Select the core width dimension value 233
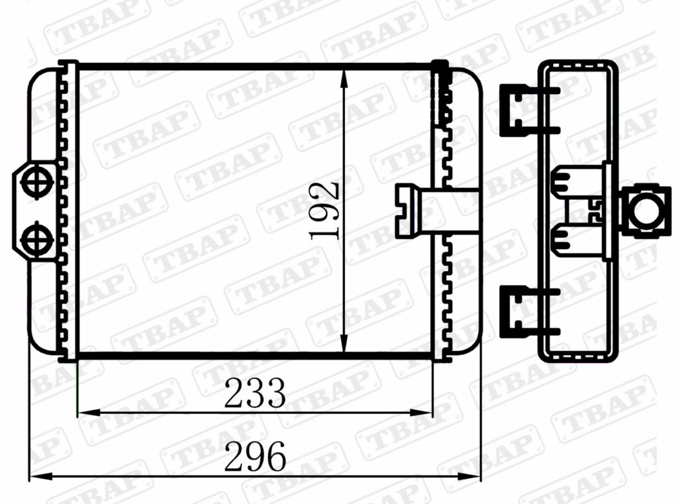(254, 393)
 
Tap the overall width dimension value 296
(255, 457)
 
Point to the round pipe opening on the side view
(644, 211)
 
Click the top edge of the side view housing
(577, 63)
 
